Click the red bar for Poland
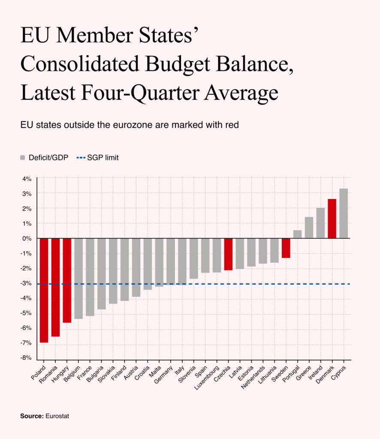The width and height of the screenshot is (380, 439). tap(44, 290)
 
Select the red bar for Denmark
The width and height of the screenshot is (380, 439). tap(332, 219)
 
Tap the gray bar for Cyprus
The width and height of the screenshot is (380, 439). tap(344, 213)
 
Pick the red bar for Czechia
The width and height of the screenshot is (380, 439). tap(228, 254)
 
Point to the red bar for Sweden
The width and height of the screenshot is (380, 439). tap(286, 248)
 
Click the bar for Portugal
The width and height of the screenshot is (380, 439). tap(297, 235)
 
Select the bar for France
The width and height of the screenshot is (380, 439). tap(90, 277)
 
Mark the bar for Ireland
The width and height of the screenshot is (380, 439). tap(321, 223)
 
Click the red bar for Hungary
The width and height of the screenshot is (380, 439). tap(67, 280)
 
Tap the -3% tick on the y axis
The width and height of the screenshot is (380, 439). tap(26, 283)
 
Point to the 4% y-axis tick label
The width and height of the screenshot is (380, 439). tap(27, 179)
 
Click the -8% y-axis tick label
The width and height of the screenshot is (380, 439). tap(26, 358)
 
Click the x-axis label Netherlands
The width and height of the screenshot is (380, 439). tap(253, 377)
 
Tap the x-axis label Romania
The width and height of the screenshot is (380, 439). tap(48, 375)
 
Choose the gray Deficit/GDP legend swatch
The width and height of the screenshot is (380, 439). tap(23, 158)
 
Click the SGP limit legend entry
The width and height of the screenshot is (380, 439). tap(97, 158)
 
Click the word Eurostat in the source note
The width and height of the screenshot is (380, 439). tap(57, 416)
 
